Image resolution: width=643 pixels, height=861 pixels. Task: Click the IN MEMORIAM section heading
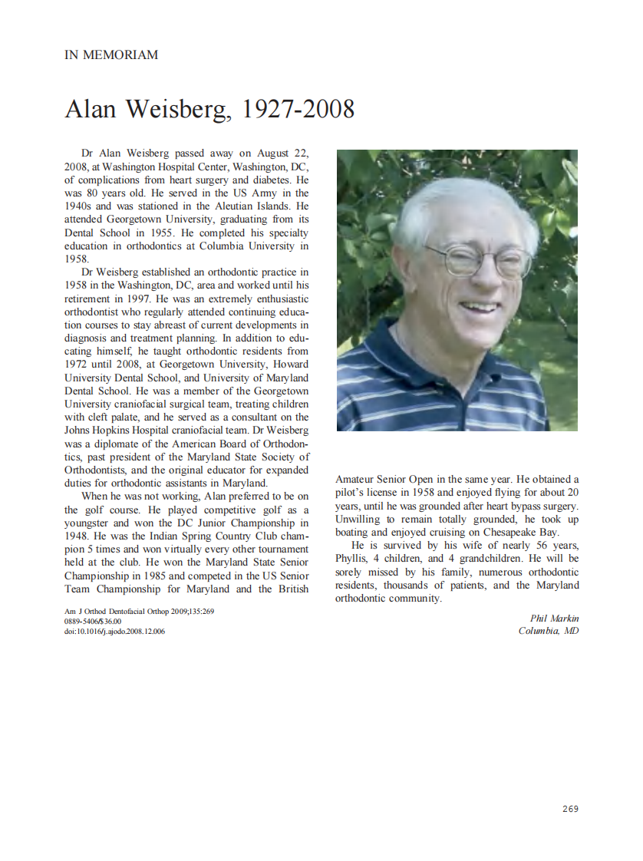point(111,54)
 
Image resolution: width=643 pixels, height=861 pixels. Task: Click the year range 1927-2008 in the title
point(298,109)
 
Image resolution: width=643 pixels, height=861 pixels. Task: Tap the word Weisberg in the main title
point(178,109)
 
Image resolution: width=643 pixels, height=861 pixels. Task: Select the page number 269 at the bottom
point(569,809)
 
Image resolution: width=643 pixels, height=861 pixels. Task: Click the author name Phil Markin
point(554,619)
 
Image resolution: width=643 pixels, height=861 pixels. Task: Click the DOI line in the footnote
point(114,632)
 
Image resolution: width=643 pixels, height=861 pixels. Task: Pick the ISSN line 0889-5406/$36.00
point(93,622)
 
